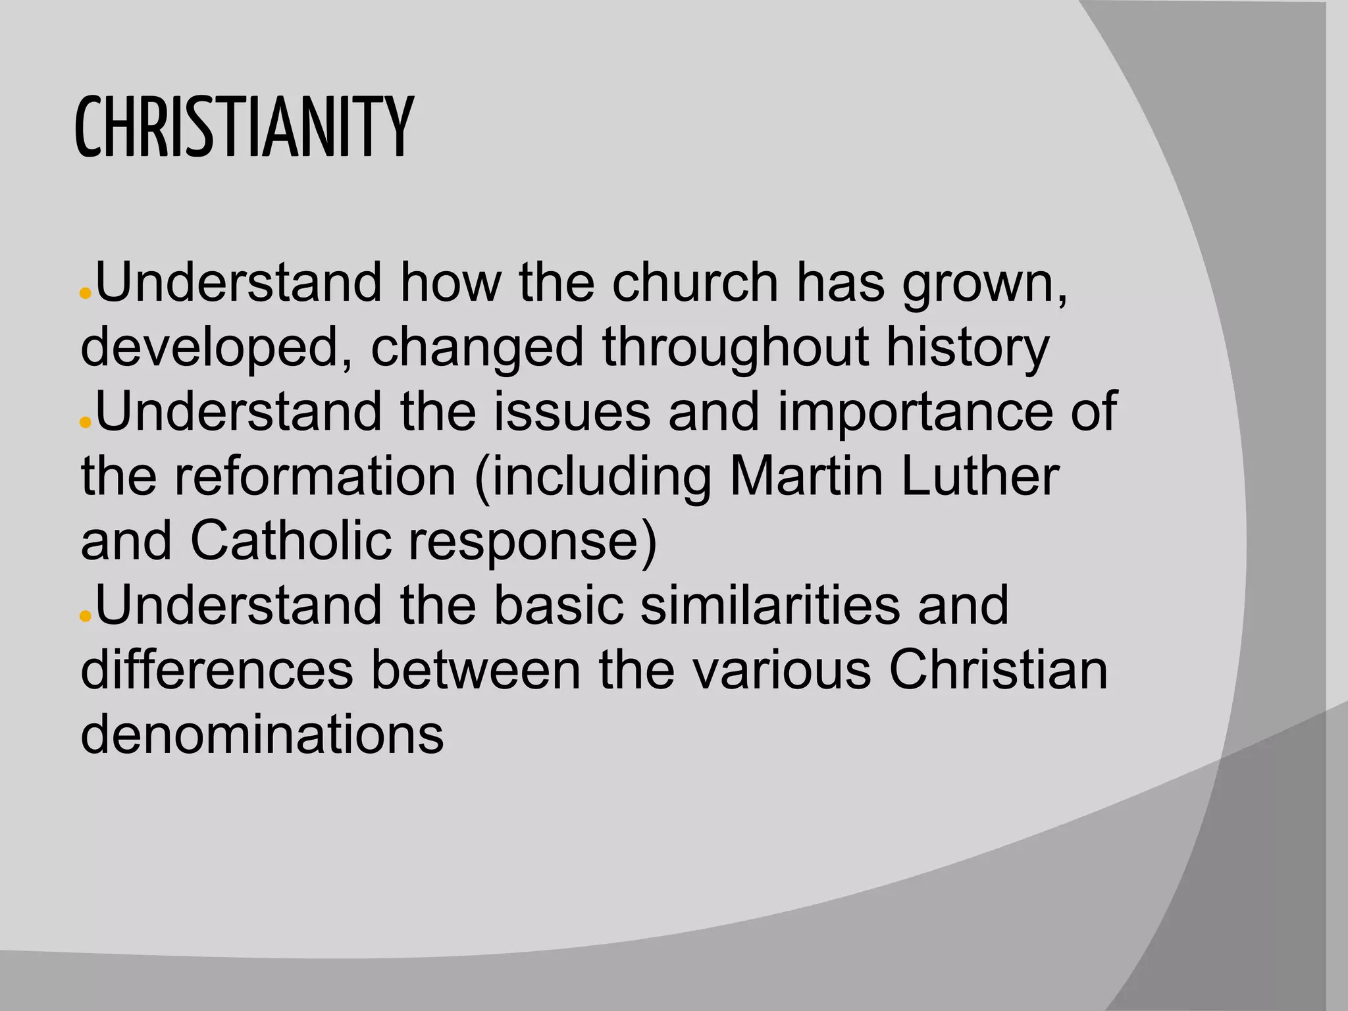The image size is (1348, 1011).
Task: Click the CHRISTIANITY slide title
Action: [244, 128]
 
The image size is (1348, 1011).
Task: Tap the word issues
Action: [571, 411]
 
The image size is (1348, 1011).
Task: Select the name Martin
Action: [806, 476]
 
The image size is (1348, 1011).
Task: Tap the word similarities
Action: [769, 605]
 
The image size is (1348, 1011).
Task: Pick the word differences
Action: [217, 669]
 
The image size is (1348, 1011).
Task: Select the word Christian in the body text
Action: [998, 669]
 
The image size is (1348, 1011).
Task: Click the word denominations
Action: [262, 734]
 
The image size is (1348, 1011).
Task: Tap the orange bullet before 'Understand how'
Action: [84, 294]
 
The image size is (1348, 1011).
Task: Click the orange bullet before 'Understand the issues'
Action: [84, 422]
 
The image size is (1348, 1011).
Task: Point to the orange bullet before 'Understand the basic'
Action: [84, 615]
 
